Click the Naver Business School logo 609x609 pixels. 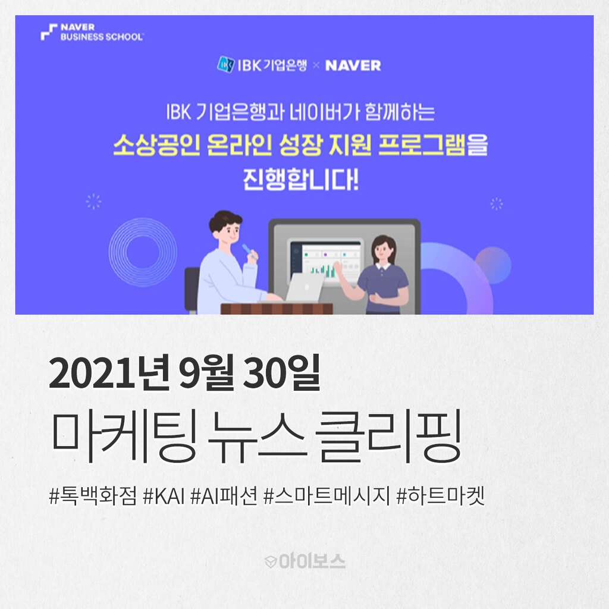(92, 32)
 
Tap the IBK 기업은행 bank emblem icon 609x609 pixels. (225, 64)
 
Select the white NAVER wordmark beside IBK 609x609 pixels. (353, 65)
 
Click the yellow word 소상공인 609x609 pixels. (157, 145)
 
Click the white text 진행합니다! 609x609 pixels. (300, 180)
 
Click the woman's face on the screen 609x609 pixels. (382, 249)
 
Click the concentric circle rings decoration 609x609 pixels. (143, 252)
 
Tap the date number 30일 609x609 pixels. (281, 372)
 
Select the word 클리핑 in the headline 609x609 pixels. (389, 436)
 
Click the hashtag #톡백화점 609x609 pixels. (93, 496)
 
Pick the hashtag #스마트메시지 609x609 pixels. (327, 496)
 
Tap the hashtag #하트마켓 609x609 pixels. (441, 496)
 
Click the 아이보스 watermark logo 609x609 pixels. (305, 561)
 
